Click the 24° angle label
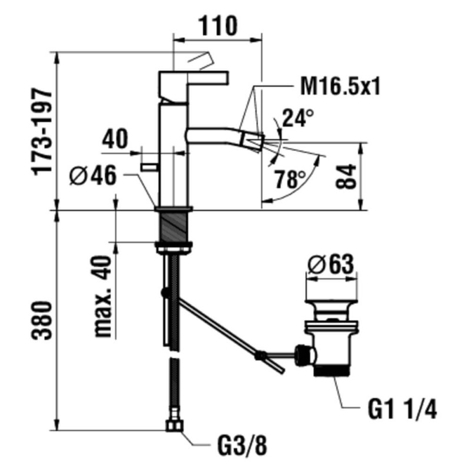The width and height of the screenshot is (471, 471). pos(297,118)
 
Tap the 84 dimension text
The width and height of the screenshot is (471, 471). pos(348,176)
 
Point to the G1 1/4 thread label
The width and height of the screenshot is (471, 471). pos(400,409)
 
